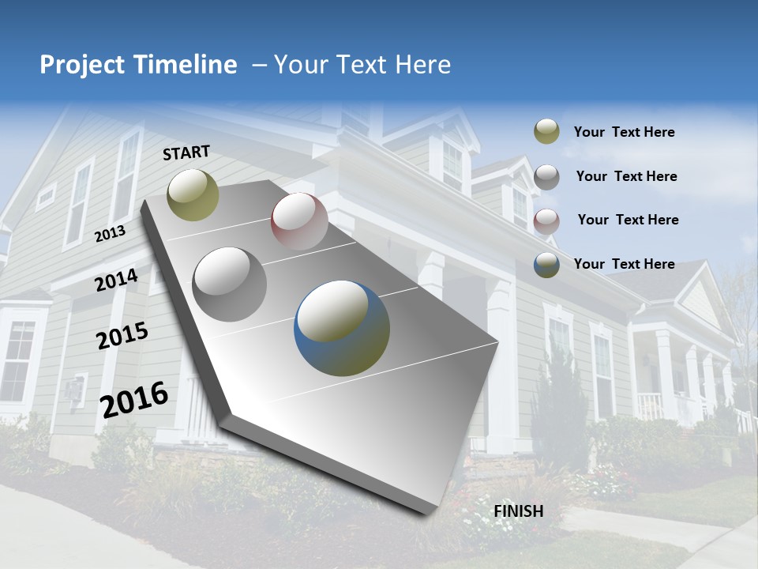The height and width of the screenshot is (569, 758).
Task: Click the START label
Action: pyautogui.click(x=186, y=153)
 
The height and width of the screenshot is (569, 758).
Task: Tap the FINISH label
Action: pyautogui.click(x=519, y=511)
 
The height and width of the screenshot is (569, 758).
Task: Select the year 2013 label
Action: pyautogui.click(x=110, y=233)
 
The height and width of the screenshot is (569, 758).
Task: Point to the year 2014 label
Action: pyautogui.click(x=116, y=281)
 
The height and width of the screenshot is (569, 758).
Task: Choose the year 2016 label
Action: pyautogui.click(x=134, y=400)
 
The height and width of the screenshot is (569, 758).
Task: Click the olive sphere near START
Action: pyautogui.click(x=193, y=194)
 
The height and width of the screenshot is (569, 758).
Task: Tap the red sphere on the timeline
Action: pyautogui.click(x=299, y=220)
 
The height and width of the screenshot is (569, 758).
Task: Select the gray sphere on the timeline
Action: pyautogui.click(x=230, y=284)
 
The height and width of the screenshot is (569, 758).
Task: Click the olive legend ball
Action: pyautogui.click(x=546, y=132)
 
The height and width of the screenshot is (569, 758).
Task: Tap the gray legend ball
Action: pyautogui.click(x=546, y=177)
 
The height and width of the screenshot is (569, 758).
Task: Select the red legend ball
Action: pyautogui.click(x=546, y=220)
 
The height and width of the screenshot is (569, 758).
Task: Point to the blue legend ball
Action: pyautogui.click(x=546, y=265)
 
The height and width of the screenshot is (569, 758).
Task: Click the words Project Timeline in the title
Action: pyautogui.click(x=138, y=65)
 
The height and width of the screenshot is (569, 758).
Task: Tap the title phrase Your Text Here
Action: pyautogui.click(x=362, y=65)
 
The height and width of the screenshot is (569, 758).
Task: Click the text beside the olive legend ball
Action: pyautogui.click(x=624, y=133)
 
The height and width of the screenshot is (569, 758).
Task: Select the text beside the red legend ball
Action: pyautogui.click(x=628, y=220)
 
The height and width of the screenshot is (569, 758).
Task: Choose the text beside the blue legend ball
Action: pyautogui.click(x=624, y=264)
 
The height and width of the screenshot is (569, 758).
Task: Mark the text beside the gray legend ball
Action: pyautogui.click(x=626, y=176)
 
